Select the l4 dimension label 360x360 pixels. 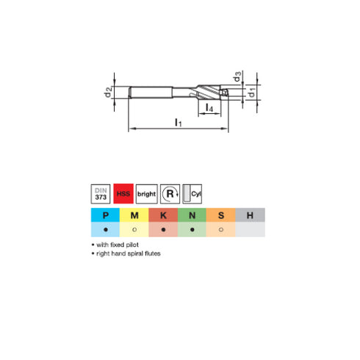pyautogui.click(x=209, y=109)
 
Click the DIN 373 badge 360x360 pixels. pyautogui.click(x=101, y=194)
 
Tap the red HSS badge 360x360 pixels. pyautogui.click(x=125, y=194)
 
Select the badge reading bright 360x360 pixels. pyautogui.click(x=148, y=194)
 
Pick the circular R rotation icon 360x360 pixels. pyautogui.click(x=170, y=194)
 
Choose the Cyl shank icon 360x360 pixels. pyautogui.click(x=193, y=194)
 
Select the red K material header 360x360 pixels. pyautogui.click(x=163, y=215)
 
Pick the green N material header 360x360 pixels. pyautogui.click(x=192, y=215)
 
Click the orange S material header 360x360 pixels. pyautogui.click(x=220, y=215)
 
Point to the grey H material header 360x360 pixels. pyautogui.click(x=250, y=215)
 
